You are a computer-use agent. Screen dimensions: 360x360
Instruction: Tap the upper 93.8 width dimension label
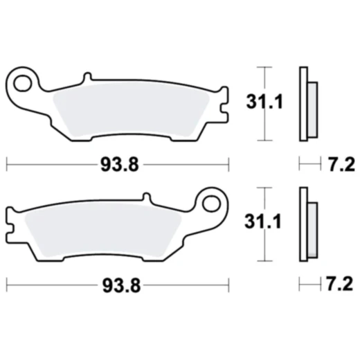click(x=116, y=165)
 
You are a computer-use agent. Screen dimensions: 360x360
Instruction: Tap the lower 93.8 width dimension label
click(x=116, y=285)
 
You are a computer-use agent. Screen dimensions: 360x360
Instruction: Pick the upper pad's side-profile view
click(x=305, y=104)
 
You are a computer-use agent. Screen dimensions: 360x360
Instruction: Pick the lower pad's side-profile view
click(x=305, y=225)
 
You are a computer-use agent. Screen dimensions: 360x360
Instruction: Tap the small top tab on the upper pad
click(x=88, y=77)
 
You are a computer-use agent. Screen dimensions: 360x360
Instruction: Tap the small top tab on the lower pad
click(x=146, y=197)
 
